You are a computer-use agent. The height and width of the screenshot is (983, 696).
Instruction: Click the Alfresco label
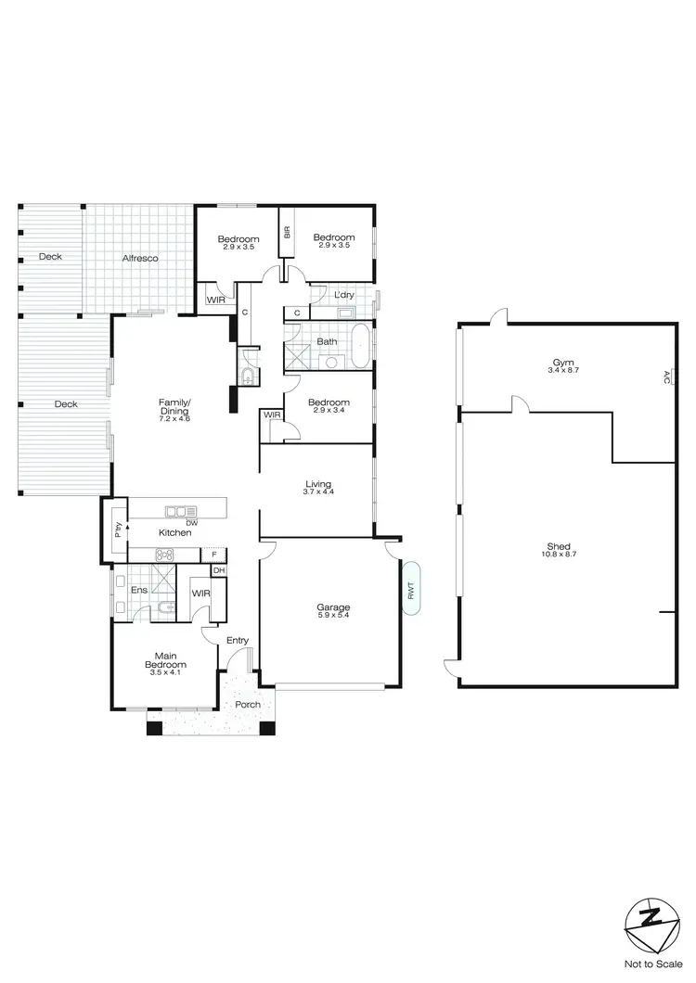coord(137,259)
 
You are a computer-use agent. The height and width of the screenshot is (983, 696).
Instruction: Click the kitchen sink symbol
coord(177,511)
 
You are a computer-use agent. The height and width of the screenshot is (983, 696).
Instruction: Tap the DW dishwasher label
coord(191,522)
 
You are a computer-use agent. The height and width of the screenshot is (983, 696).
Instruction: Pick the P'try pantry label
coord(118,530)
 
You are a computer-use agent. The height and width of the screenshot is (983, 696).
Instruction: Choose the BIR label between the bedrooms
coord(288,232)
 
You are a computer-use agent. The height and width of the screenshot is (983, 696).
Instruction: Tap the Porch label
coord(247,705)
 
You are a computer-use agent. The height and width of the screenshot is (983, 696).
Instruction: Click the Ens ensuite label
coord(139,590)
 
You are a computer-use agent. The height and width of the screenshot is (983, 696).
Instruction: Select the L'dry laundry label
coord(342,295)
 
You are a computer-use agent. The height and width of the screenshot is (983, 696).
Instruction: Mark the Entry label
coord(238,641)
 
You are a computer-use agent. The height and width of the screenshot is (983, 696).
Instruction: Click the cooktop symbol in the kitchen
coord(164,555)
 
